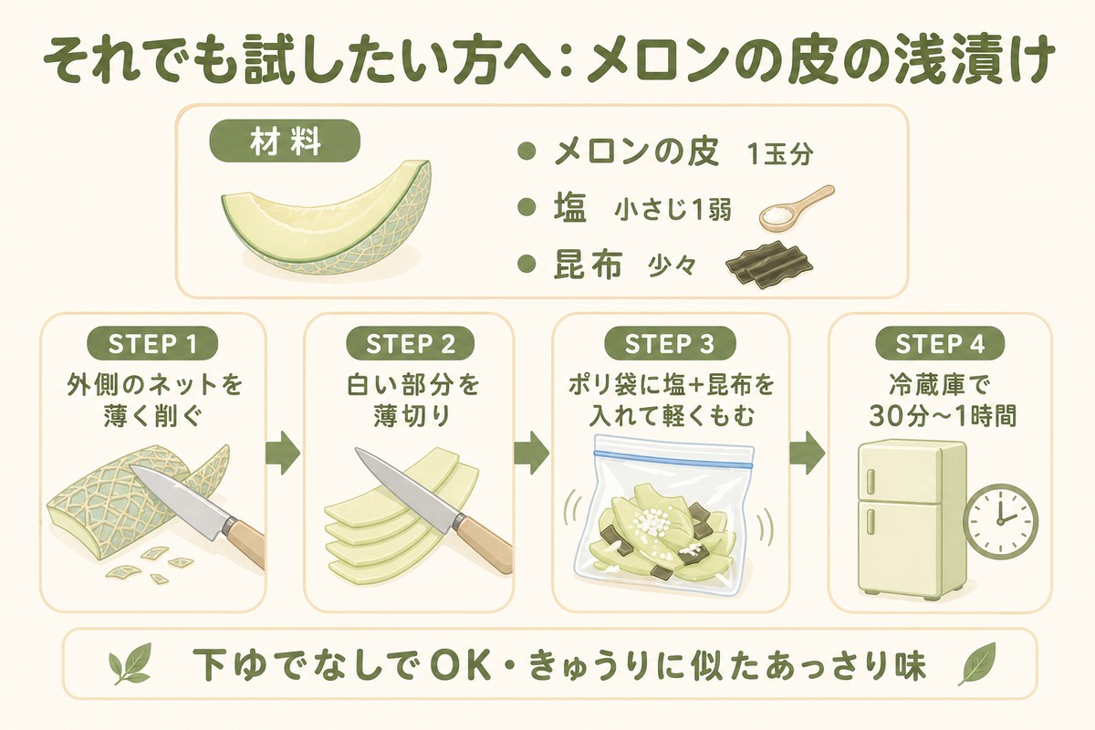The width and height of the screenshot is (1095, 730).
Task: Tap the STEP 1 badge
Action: tap(151, 344)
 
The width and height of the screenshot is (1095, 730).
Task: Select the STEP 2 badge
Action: tap(411, 344)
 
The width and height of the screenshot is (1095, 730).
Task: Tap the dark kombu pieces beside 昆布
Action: tap(768, 262)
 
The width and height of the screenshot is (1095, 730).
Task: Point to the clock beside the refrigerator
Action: tap(1001, 517)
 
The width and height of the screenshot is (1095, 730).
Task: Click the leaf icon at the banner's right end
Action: tap(976, 665)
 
